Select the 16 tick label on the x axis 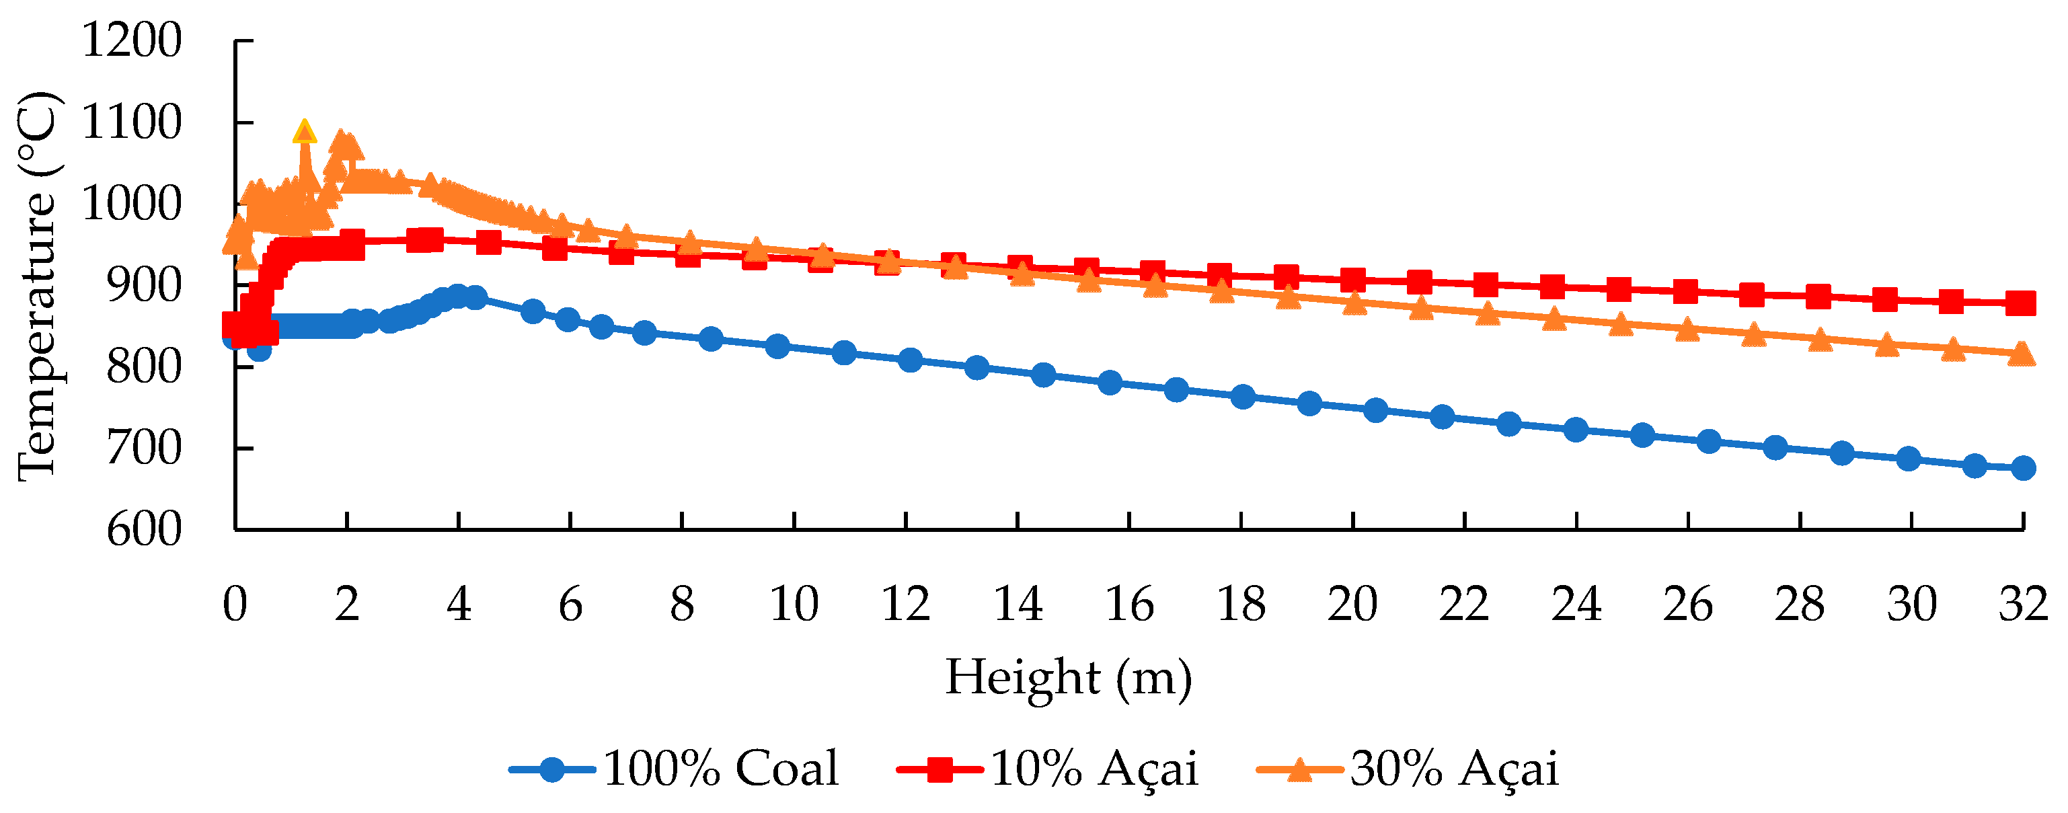pos(1128,605)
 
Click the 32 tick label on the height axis pos(2022,605)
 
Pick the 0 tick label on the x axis pos(235,605)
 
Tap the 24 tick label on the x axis pos(1576,605)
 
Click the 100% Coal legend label pos(720,769)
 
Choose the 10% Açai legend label pos(1094,769)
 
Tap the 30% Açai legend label pos(1454,769)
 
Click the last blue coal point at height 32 pos(2023,468)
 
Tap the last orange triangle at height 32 pos(2021,354)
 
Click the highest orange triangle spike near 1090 pos(304,132)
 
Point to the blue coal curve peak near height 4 pos(459,296)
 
